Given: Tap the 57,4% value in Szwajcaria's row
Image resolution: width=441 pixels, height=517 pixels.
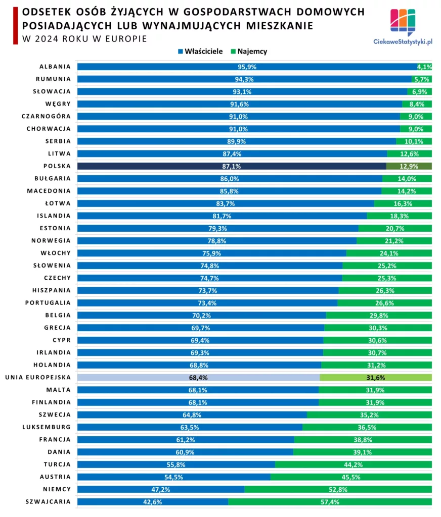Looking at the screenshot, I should (x=329, y=502).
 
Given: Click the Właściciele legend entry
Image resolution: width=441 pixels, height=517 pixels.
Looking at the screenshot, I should (x=200, y=51).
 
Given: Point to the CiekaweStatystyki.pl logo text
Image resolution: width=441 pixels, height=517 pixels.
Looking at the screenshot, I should (x=403, y=43).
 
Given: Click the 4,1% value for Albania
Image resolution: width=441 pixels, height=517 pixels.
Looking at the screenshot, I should (x=424, y=67).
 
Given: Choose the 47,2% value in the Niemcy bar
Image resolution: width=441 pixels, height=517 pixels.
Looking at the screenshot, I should (x=161, y=489).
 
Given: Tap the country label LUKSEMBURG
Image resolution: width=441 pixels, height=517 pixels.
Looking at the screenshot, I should (x=48, y=427).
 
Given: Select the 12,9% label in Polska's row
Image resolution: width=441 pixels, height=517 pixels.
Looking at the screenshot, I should (x=409, y=166).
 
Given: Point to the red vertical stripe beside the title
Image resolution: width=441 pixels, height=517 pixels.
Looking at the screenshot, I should (x=15, y=25).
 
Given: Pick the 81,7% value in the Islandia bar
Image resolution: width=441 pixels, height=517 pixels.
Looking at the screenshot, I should (x=222, y=216).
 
